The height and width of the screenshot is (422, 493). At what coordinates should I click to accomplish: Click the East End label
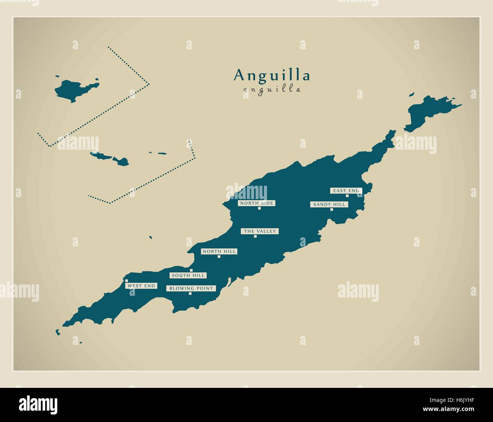point(346,191)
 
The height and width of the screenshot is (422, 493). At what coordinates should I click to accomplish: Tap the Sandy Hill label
point(329,204)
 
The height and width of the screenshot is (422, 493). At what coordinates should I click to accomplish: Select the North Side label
point(256,203)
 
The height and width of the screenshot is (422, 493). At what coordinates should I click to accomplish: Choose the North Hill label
point(219,251)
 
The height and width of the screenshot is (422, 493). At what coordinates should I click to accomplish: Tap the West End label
point(141,286)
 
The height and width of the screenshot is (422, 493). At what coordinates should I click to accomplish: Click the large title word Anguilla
point(272,75)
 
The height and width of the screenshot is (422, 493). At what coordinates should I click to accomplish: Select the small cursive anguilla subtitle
point(272,90)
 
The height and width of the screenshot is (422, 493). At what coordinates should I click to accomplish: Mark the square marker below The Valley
point(255,237)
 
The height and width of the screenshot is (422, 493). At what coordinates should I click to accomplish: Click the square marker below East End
point(347,196)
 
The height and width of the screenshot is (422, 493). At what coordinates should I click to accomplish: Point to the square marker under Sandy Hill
point(331,209)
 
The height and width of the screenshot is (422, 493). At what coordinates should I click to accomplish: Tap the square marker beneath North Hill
point(219,257)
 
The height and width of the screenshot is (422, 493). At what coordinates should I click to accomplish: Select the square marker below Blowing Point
point(190,294)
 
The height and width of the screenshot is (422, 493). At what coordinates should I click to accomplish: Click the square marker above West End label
point(126,281)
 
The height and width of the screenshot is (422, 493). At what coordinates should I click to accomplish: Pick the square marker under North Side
point(259,208)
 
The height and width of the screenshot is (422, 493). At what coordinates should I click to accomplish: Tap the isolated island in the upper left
point(74,90)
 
